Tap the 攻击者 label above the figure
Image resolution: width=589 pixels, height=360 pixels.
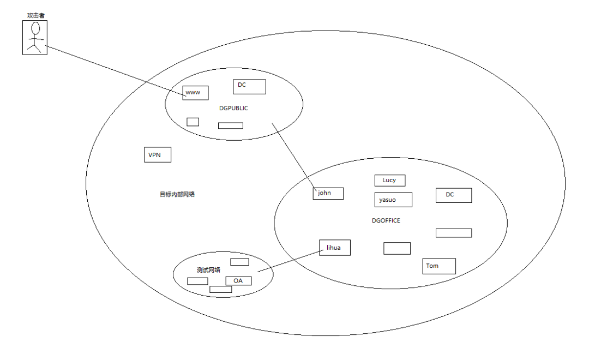[34, 15]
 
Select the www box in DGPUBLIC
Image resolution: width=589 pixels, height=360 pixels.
[195, 93]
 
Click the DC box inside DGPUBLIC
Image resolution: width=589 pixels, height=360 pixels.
[249, 87]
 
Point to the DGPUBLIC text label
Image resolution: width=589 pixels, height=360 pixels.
[233, 108]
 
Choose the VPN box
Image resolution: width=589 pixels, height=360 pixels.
[158, 155]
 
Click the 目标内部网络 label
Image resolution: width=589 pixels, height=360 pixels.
[177, 194]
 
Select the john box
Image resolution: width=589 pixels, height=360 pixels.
[328, 193]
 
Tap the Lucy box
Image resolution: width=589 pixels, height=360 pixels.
[389, 181]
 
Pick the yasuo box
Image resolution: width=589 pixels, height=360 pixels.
[393, 200]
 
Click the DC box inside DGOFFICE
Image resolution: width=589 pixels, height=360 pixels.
[453, 195]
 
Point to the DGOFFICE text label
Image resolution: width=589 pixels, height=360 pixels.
[386, 220]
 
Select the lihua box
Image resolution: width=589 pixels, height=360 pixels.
[334, 248]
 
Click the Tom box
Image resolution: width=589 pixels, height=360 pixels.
[438, 266]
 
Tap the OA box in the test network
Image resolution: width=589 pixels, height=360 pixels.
[238, 281]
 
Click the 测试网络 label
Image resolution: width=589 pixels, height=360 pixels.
[208, 270]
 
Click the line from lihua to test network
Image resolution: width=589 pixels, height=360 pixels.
[289, 261]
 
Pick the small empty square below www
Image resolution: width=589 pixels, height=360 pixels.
[193, 122]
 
